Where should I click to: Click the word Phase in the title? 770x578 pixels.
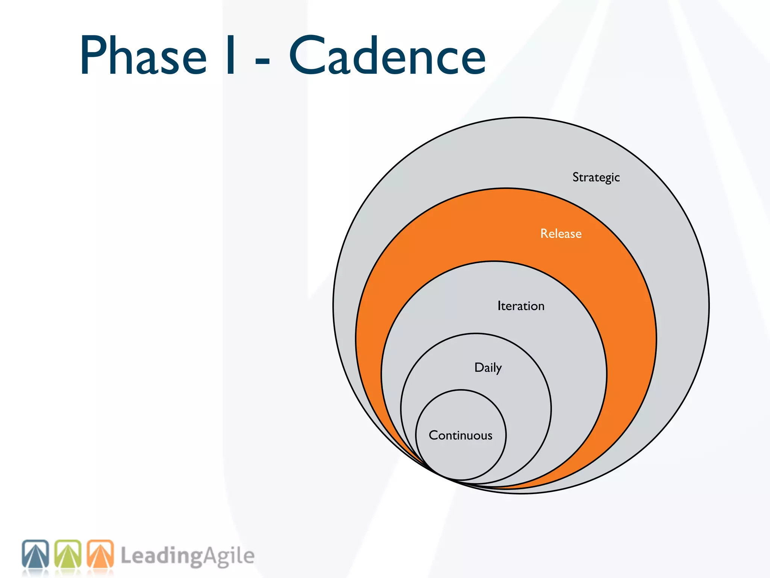click(x=143, y=56)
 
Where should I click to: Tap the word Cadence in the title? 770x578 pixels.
click(x=387, y=56)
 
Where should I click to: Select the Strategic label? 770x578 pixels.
click(x=596, y=177)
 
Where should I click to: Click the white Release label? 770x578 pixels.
click(x=561, y=234)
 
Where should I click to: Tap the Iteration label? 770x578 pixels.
click(x=521, y=306)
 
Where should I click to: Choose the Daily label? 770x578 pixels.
click(x=488, y=368)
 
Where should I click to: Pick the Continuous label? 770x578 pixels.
click(x=461, y=435)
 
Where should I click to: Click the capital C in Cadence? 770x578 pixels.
click(x=307, y=56)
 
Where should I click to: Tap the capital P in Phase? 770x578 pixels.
click(x=92, y=56)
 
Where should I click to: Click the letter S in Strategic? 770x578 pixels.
click(x=576, y=177)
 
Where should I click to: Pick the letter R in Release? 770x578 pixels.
click(x=544, y=234)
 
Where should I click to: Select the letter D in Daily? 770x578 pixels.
click(x=479, y=367)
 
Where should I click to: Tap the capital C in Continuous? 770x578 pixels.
click(x=434, y=435)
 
